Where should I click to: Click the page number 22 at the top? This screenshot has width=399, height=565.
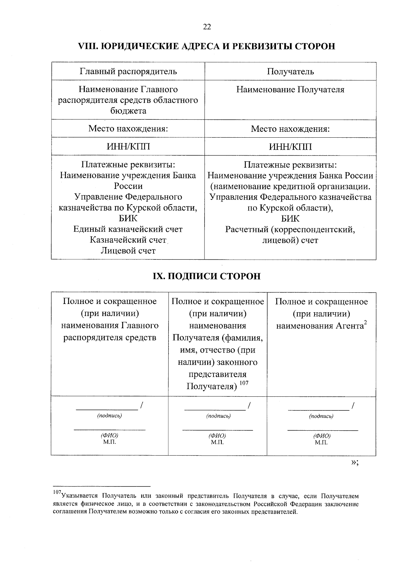pos(207,27)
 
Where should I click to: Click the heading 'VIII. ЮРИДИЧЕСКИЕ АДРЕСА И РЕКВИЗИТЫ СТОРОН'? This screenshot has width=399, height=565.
pos(206,46)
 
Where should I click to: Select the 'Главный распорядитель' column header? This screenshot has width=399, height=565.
pos(128,71)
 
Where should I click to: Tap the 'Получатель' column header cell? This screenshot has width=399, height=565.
pos(290,71)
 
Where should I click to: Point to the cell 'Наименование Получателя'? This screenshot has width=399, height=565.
pos(290,89)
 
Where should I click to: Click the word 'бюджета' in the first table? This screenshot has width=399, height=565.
pos(128,111)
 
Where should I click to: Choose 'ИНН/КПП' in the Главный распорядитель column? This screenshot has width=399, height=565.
pos(128,147)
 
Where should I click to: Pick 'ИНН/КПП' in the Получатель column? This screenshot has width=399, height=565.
pos(290,147)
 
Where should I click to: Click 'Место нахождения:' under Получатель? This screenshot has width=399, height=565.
pos(290,129)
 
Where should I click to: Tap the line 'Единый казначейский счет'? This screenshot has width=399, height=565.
pos(128,229)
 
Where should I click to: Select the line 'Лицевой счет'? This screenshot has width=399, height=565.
pos(128,250)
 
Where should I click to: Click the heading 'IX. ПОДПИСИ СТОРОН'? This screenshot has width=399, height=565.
pos(206,276)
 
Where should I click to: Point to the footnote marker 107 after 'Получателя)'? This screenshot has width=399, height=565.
pos(244,383)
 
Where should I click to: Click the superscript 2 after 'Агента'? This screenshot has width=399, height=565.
pos(365,323)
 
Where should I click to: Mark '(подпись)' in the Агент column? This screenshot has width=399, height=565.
pos(321,416)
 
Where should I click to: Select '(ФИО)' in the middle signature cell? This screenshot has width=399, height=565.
pos(217,436)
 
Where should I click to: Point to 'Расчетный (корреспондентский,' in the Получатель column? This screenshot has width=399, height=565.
pos(290,229)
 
